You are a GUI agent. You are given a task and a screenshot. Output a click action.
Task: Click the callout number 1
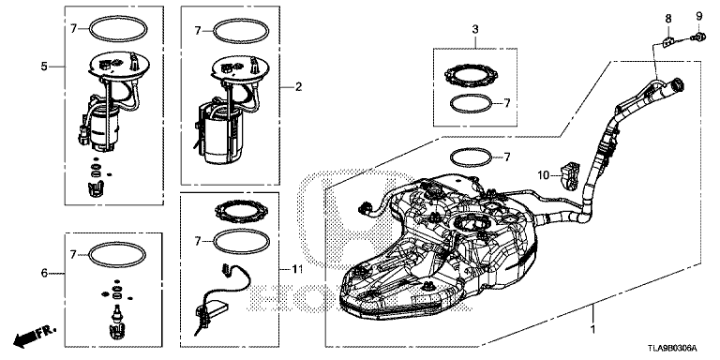(592, 329)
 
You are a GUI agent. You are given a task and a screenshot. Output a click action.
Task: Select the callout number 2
(298, 86)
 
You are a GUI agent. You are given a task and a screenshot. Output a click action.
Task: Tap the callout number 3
(475, 29)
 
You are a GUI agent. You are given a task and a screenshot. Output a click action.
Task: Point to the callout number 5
(44, 67)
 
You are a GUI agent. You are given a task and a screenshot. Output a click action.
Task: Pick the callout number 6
(44, 273)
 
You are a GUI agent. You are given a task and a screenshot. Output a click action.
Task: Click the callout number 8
(668, 19)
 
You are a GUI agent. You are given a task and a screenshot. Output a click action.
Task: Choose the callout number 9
(698, 17)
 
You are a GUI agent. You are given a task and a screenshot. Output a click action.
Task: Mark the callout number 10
(543, 175)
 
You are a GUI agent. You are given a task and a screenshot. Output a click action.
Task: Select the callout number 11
(298, 270)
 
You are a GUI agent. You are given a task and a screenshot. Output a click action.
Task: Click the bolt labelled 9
(697, 37)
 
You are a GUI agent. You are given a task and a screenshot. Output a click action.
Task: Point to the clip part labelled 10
(568, 175)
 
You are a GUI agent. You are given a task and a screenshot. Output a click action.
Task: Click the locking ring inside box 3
(472, 76)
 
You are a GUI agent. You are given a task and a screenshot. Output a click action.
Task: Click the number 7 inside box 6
(72, 254)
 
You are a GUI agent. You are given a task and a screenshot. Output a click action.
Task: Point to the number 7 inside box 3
(507, 103)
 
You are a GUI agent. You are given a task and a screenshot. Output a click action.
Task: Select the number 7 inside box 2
(198, 31)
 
